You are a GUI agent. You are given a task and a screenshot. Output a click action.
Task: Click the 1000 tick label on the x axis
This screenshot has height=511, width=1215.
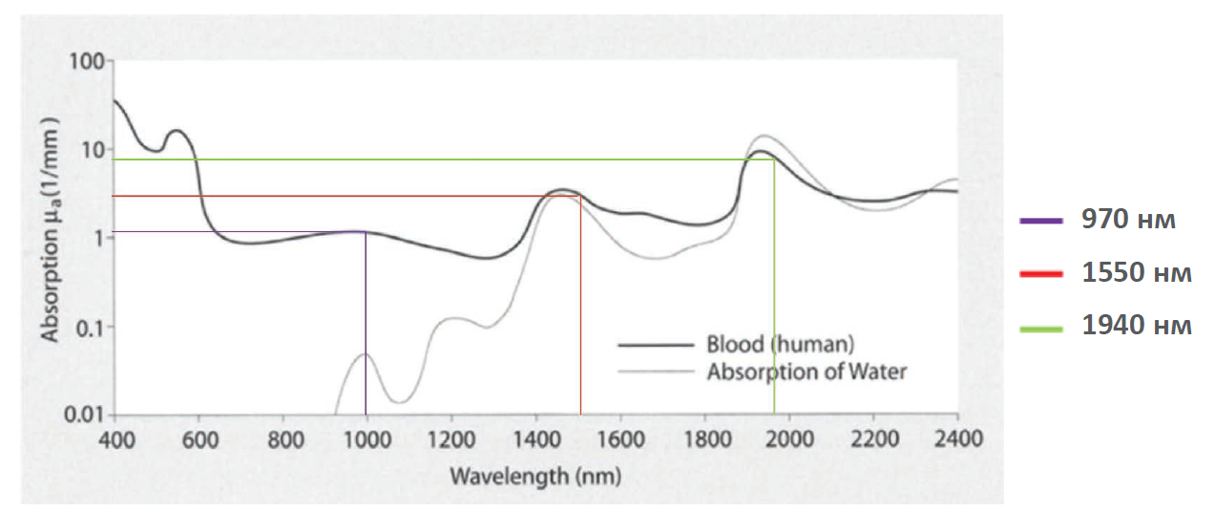(367, 439)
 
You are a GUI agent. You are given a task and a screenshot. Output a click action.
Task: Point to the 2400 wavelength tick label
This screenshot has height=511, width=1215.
(957, 439)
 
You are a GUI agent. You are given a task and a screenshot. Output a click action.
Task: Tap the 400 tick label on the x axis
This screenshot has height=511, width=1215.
(114, 439)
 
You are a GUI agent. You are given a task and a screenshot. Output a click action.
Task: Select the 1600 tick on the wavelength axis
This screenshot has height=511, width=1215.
(620, 439)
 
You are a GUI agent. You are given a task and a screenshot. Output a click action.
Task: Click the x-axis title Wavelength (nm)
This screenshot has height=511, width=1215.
(535, 476)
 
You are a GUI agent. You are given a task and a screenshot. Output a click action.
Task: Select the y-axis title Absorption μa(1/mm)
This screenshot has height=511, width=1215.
(50, 229)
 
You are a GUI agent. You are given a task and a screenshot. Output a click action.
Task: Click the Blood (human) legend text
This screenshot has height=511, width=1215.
(780, 344)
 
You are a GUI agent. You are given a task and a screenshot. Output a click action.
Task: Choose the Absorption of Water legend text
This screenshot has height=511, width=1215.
(807, 372)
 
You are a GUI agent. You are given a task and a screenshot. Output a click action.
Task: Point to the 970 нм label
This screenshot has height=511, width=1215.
(1128, 220)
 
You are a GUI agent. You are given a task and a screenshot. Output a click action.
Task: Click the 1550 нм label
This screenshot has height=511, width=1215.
(1137, 273)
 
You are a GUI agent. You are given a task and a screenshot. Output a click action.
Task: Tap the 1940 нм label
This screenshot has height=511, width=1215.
(1137, 326)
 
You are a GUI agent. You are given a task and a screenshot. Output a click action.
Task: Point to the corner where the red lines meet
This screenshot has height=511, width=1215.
(580, 196)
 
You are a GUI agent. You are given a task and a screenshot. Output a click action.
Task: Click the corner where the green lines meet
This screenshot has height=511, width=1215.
(774, 160)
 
